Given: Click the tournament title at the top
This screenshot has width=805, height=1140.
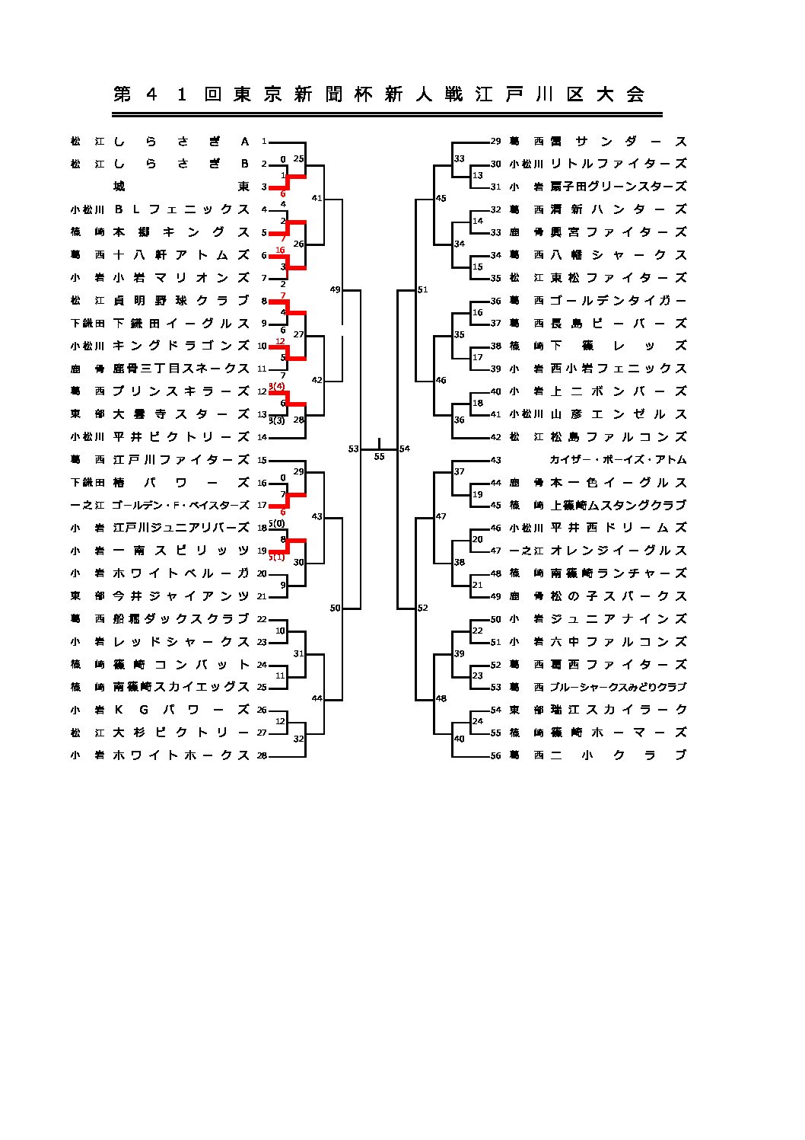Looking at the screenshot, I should [x=379, y=94].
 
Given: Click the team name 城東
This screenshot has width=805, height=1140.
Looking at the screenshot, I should [x=181, y=187].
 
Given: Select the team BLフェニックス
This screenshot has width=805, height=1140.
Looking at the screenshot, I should [x=181, y=209].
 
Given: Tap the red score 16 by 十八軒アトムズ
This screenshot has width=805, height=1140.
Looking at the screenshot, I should [x=280, y=250].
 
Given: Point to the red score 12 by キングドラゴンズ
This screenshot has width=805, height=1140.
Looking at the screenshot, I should [x=280, y=341].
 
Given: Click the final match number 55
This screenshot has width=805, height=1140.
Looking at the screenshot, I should [x=379, y=457].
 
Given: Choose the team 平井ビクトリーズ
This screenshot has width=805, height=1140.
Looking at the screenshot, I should [x=181, y=437].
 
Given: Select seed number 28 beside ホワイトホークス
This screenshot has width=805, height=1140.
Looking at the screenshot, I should [x=262, y=755].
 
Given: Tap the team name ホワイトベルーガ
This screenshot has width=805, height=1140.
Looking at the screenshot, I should [x=181, y=573].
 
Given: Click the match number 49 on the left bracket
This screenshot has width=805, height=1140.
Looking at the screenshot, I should [x=335, y=289].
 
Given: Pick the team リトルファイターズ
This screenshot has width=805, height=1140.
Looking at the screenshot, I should [x=618, y=164].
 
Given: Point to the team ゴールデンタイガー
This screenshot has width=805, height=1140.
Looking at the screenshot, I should [x=618, y=301].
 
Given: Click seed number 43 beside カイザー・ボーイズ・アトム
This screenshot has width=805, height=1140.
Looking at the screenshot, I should [x=495, y=460].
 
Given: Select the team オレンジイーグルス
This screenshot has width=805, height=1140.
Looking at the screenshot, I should [x=618, y=551].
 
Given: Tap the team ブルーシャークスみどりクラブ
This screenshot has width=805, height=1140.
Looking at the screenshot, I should [x=618, y=687].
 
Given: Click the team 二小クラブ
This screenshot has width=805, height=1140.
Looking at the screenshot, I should [x=618, y=755].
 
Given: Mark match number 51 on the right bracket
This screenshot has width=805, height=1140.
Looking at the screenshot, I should [x=423, y=289].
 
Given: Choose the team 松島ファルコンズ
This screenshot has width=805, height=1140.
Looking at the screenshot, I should [x=618, y=437].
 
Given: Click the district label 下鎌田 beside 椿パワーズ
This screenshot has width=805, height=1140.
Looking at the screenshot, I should [x=87, y=483].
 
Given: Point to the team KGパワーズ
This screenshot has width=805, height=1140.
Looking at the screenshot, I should [x=181, y=710].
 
